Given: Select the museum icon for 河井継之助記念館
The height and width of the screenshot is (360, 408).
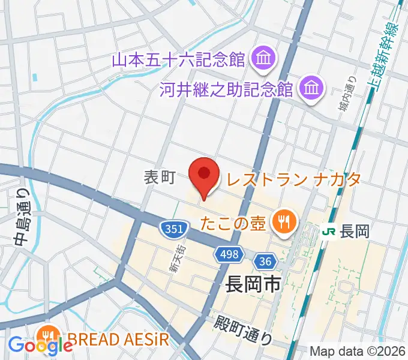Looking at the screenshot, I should click(x=311, y=89).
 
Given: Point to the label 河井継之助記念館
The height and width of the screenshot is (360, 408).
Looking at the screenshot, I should click(x=226, y=90).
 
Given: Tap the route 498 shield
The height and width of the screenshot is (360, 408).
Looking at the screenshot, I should click(x=229, y=254).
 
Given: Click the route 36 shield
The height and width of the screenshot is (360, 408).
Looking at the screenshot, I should click(x=265, y=262).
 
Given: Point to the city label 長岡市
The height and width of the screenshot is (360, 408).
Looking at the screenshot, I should click(x=253, y=283).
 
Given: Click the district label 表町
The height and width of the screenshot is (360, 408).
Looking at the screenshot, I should click(x=159, y=177).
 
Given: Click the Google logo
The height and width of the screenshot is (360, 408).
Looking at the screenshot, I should click(x=40, y=346).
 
